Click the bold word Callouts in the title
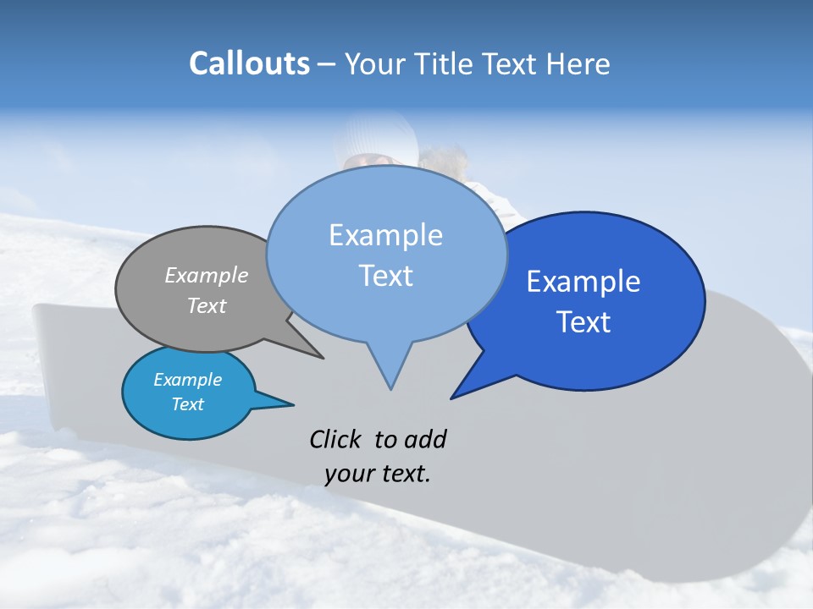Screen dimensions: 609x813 pyautogui.click(x=249, y=63)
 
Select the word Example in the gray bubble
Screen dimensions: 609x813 pyautogui.click(x=207, y=275)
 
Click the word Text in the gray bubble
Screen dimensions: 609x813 pyautogui.click(x=207, y=305)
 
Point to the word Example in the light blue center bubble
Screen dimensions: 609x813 pyautogui.click(x=385, y=234)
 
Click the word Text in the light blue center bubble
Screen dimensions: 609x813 pyautogui.click(x=385, y=275)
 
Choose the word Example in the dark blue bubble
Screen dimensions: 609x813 pyautogui.click(x=583, y=281)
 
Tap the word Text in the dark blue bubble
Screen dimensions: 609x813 pyautogui.click(x=583, y=321)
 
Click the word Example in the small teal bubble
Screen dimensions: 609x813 pyautogui.click(x=187, y=380)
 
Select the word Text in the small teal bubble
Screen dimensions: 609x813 pyautogui.click(x=187, y=404)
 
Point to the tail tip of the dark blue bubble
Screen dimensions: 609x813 pyautogui.click(x=452, y=397)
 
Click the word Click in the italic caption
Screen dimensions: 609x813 pyautogui.click(x=335, y=439)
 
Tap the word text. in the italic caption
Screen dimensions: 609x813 pyautogui.click(x=403, y=474)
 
